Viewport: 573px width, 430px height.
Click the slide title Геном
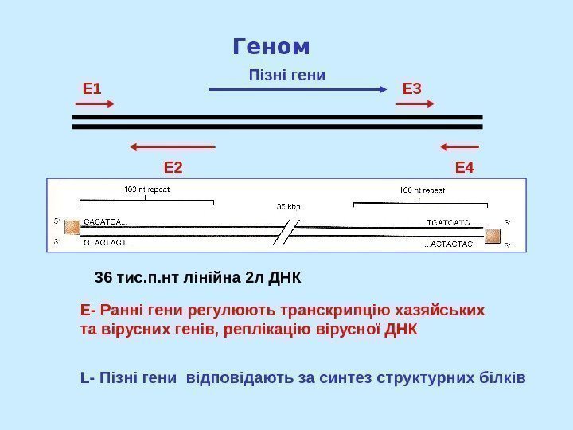271,47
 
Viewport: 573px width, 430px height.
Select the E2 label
173,168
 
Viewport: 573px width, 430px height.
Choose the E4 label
464,168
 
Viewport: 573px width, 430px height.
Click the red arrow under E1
99,104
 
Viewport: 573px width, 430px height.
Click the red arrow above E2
172,147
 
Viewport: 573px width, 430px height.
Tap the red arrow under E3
418,104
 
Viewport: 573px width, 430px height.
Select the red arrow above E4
458,147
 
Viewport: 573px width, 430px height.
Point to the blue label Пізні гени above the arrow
287,76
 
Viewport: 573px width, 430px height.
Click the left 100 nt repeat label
147,190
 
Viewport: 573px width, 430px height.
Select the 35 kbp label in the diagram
288,205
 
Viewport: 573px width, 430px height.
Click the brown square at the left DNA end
72,227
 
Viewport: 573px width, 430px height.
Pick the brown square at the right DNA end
492,236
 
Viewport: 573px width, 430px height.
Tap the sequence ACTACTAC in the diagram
447,244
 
